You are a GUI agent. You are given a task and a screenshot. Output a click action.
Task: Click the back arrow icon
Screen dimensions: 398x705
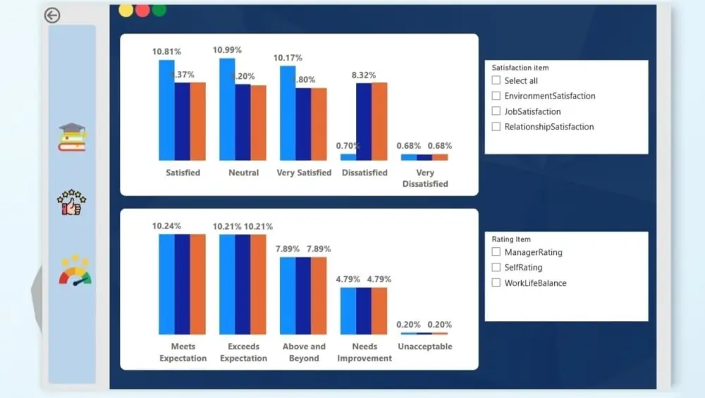pos(52,15)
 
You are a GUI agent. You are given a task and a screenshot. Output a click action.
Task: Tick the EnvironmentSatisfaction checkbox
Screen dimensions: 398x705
pos(496,96)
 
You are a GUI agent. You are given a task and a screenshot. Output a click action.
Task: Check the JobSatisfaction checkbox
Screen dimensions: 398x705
pos(496,111)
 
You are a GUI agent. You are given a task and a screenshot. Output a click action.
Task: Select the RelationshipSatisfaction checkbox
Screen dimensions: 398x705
pos(496,127)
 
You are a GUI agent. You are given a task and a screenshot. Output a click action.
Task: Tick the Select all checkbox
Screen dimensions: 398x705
pos(496,80)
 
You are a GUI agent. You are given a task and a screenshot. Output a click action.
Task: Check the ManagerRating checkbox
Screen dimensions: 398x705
pos(496,252)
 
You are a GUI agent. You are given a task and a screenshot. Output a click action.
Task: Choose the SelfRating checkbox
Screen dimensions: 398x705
pos(496,268)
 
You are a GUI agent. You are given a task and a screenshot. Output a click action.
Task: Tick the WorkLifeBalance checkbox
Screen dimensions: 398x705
pos(496,283)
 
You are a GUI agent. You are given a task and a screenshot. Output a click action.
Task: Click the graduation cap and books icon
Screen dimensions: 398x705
pos(72,137)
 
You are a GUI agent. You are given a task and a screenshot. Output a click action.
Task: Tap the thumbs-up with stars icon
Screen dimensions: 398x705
pos(71,203)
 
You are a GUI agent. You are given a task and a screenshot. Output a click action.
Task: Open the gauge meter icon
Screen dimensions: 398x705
pos(75,272)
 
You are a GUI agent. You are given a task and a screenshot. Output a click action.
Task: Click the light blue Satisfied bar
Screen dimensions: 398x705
pos(166,110)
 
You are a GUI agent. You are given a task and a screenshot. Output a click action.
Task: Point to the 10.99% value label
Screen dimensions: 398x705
pos(227,50)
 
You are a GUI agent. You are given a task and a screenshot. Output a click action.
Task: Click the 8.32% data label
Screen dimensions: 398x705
pos(364,75)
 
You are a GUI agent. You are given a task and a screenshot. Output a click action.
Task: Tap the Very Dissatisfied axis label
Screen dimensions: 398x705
pos(425,178)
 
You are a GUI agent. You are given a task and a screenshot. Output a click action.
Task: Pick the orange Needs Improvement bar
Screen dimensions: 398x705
pos(379,311)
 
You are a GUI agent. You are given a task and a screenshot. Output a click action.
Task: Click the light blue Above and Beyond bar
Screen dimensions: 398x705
pos(288,296)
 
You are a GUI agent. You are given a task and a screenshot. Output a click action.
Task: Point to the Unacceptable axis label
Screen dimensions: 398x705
pos(425,347)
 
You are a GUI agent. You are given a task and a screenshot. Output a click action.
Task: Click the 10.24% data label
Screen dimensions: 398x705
pos(167,226)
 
